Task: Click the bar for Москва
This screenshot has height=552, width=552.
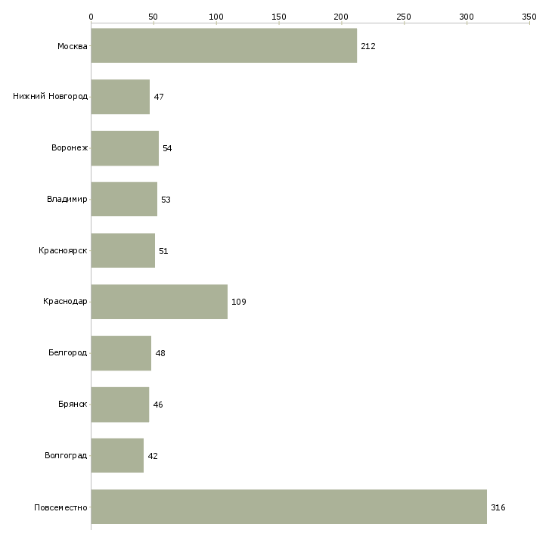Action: pos(224,45)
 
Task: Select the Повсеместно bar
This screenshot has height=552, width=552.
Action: pos(289,507)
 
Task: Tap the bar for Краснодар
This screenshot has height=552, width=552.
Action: pos(159,302)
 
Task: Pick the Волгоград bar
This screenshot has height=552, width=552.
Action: pos(117,455)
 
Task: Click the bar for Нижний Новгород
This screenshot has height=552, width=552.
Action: pos(120,97)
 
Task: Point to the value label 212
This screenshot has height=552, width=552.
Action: pos(368,46)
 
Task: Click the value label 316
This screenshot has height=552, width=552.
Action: pos(498,507)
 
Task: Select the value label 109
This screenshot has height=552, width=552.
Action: pos(239,302)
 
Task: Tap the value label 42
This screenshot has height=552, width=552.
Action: pos(153,456)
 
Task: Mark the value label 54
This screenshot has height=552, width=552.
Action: pos(167,148)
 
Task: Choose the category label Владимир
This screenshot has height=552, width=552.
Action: pos(67,200)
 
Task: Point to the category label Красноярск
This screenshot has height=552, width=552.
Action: pos(63,250)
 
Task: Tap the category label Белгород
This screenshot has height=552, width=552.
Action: pos(67,353)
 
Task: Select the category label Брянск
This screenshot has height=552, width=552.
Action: pos(73,405)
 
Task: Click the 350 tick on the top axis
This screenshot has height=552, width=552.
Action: pos(529,16)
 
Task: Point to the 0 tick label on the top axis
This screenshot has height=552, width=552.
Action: pos(91,16)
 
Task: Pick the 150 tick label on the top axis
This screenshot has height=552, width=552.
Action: pos(278,16)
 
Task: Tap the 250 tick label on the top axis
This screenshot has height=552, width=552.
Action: pos(404,16)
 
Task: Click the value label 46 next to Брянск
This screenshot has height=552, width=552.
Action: pos(158,405)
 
